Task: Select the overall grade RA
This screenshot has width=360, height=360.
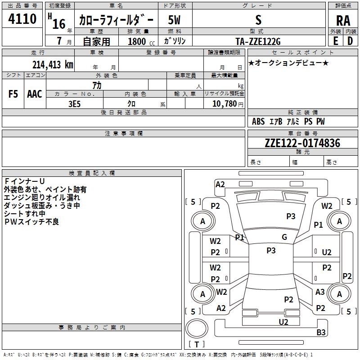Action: (343, 20)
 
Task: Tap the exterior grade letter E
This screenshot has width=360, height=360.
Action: (335, 40)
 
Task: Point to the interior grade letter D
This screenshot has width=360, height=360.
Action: (350, 40)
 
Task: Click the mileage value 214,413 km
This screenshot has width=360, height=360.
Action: (53, 64)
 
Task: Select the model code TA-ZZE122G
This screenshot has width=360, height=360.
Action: (258, 41)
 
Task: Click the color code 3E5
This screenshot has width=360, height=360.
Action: (74, 103)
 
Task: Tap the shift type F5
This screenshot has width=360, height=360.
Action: (13, 94)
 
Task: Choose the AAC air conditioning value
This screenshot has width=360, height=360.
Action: (35, 94)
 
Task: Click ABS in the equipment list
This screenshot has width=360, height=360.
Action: (258, 121)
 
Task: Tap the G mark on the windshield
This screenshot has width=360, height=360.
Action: (284, 237)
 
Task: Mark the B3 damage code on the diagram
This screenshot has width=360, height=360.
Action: (321, 333)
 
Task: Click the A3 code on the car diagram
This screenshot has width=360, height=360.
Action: (320, 292)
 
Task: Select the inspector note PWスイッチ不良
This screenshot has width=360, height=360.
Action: (31, 222)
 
